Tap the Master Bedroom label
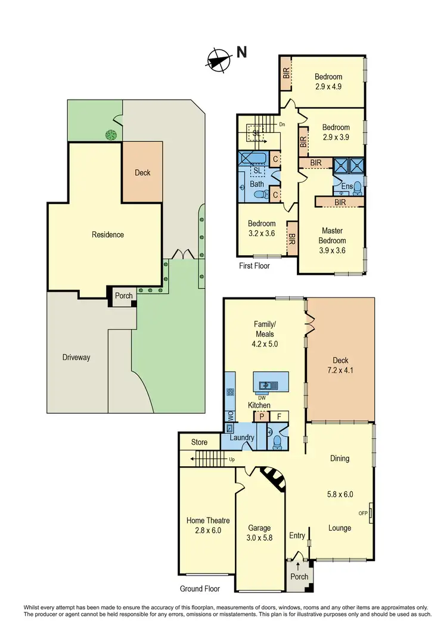point(332,236)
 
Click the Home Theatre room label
point(207,520)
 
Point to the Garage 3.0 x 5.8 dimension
point(259,537)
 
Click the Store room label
point(199,442)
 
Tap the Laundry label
point(243,438)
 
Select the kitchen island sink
point(268,385)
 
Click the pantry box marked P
point(262,416)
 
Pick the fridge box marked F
point(279,416)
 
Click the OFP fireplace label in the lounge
point(362,513)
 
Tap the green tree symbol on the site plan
point(110,135)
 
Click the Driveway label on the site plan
point(76,358)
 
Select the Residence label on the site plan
point(108,235)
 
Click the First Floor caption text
point(253,266)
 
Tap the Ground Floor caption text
point(200,588)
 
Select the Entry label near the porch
point(297,536)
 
